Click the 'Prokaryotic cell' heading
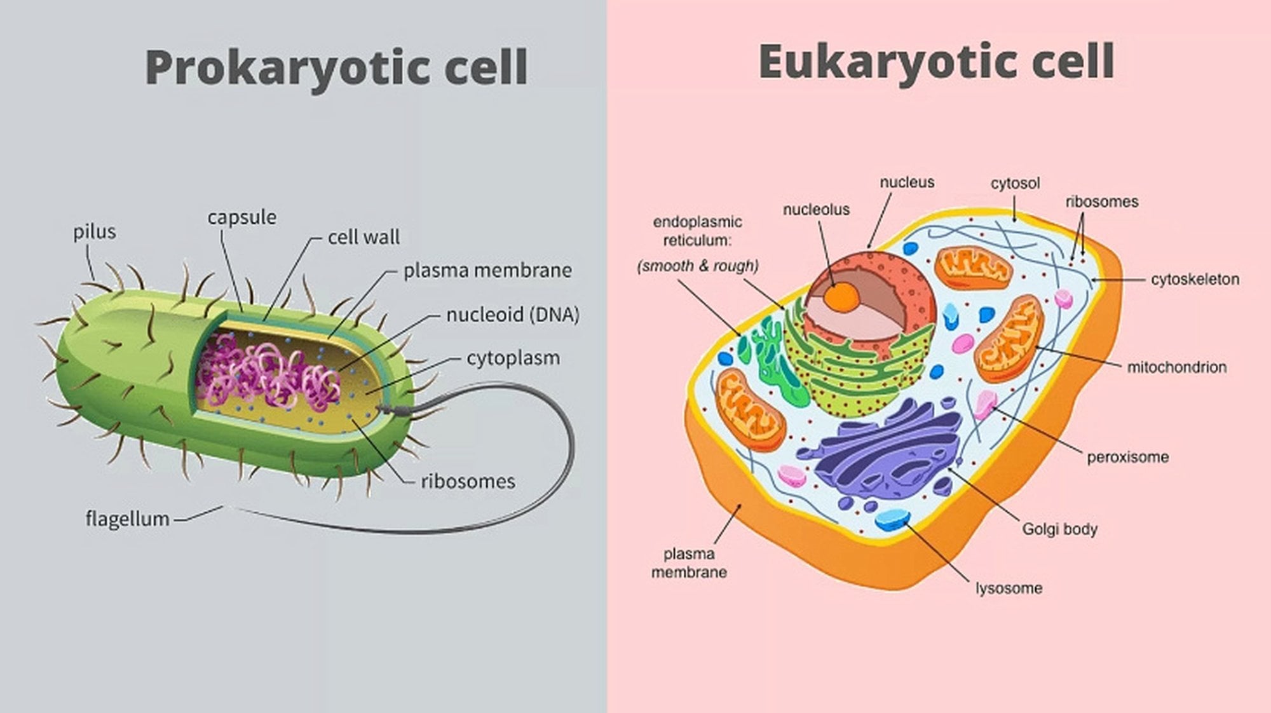pos(336,67)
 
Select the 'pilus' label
pos(95,232)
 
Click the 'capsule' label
pos(241,217)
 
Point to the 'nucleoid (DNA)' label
pos(512,315)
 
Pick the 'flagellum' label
pos(127,519)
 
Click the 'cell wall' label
pos(364,237)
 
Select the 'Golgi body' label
pos(1059,529)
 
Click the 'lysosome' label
pos(1009,588)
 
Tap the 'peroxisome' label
pos(1127,457)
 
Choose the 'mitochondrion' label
pos(1176,367)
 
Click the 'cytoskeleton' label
pos(1195,279)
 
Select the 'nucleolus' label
pos(816,209)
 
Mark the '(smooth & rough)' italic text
pos(698,266)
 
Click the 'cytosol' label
pos(1015,183)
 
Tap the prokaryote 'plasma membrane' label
pos(487,271)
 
